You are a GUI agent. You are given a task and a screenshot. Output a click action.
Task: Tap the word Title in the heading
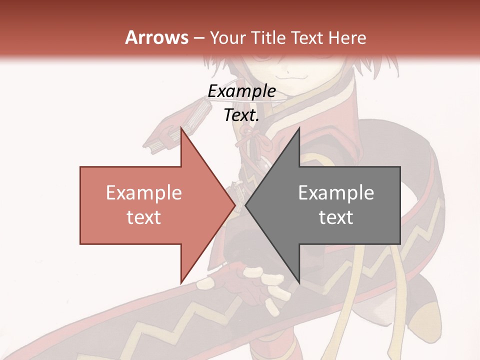[272, 37]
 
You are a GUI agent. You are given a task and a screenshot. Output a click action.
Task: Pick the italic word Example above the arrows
[241, 91]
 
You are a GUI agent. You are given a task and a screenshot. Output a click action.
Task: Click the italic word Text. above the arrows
[241, 115]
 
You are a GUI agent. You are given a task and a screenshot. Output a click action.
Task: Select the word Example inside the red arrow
[144, 192]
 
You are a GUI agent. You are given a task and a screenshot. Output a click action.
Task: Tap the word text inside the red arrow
[144, 217]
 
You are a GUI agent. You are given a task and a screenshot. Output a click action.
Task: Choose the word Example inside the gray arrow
[336, 192]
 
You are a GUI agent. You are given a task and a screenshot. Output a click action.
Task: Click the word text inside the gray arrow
[336, 217]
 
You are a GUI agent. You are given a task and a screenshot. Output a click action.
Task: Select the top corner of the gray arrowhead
[299, 128]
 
